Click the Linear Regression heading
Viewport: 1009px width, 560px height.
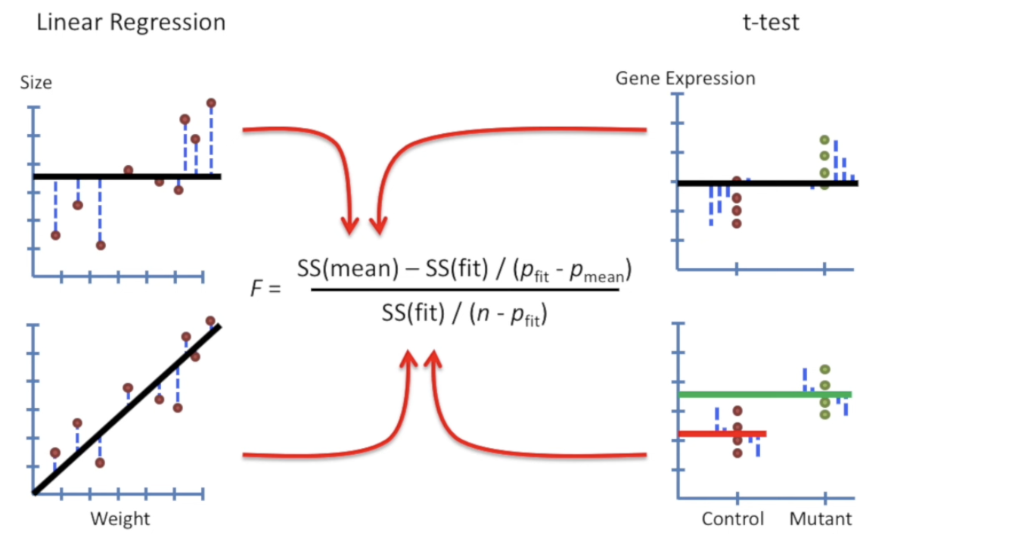[131, 23]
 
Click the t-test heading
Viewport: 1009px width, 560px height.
[771, 22]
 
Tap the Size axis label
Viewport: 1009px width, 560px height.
[36, 83]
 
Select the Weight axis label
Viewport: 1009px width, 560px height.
[120, 518]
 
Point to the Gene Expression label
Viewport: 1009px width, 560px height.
[685, 79]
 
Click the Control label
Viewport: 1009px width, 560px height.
[733, 518]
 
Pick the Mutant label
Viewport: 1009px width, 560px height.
[821, 518]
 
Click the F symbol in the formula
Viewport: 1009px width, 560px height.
[256, 288]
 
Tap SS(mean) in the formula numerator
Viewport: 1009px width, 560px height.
[348, 269]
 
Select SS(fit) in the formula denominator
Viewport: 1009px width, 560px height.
[413, 313]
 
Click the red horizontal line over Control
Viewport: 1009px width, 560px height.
[722, 434]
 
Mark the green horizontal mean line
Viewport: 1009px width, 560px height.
[765, 395]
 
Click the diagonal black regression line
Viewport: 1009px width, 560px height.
[127, 409]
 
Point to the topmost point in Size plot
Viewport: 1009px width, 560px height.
[211, 103]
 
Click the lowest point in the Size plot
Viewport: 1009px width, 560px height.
[101, 245]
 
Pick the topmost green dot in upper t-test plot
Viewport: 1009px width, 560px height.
[824, 140]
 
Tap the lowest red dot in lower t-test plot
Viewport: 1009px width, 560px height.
[737, 453]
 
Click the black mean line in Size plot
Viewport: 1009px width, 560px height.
[127, 176]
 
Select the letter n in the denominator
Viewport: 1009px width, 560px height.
[483, 314]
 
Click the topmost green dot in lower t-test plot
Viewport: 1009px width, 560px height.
[824, 369]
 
